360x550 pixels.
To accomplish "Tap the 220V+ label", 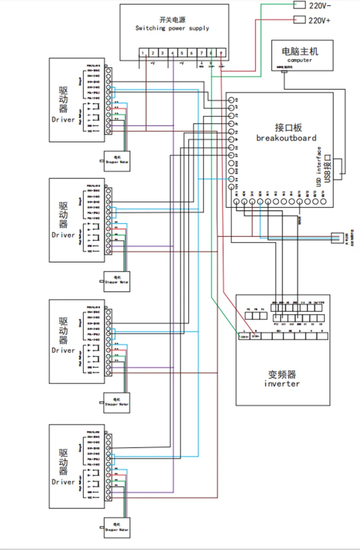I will [320, 20].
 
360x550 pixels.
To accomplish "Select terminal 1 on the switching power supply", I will [143, 53].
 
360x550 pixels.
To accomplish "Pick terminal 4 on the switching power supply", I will [172, 53].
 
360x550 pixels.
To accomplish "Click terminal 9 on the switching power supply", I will [221, 53].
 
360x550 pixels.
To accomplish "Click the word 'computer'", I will [299, 60].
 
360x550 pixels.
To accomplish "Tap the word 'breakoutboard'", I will [286, 138].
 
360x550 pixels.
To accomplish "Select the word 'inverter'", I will [282, 384].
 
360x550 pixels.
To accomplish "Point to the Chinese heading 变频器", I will [282, 375].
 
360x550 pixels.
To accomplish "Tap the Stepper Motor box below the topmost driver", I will [117, 161].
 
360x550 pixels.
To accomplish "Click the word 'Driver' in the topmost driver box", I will [63, 120].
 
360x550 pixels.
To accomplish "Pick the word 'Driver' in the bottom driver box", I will [63, 482].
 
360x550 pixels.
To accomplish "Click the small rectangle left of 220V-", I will [299, 5].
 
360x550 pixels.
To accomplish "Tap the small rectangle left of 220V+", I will [299, 20].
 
